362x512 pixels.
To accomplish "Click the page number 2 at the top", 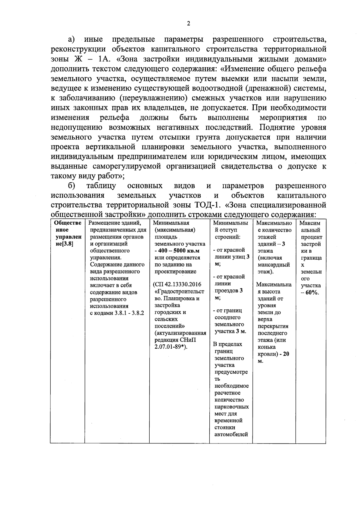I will point(189,24).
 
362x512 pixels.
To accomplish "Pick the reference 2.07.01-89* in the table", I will point(170,347).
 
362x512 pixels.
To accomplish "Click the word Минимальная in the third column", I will point(171,223).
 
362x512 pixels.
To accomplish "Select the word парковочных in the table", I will point(232,407).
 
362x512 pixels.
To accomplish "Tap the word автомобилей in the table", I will point(231,434).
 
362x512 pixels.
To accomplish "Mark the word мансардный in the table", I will point(274,265).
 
